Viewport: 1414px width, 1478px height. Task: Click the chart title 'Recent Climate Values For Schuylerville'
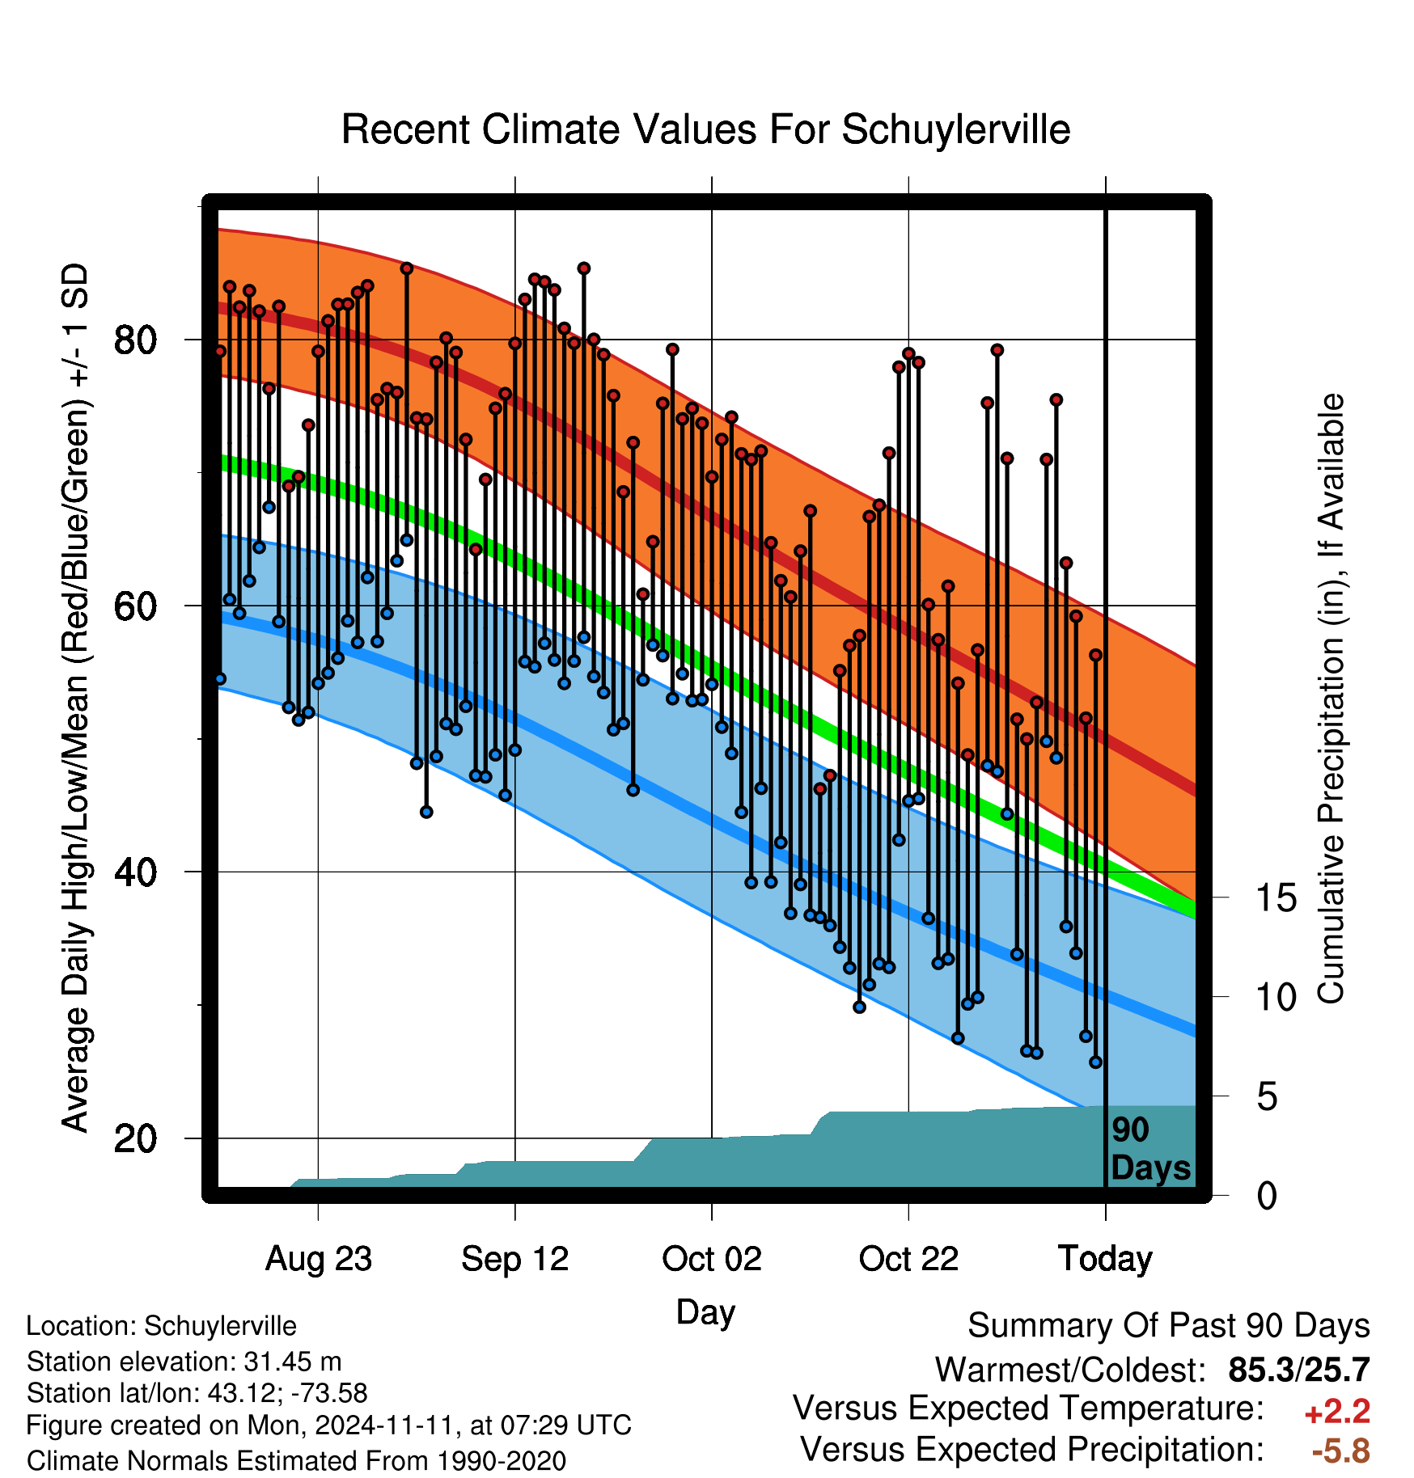click(705, 129)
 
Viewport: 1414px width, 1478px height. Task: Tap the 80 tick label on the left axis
click(135, 340)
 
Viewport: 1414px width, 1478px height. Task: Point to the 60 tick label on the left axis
click(135, 606)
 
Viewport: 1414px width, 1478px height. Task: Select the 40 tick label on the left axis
click(135, 872)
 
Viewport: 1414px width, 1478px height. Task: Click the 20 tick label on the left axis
click(135, 1138)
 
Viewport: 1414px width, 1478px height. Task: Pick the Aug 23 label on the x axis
click(319, 1259)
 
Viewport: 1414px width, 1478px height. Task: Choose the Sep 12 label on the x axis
click(515, 1259)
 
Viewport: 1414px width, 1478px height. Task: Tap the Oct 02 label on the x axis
click(712, 1259)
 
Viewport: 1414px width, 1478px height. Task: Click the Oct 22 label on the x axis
click(908, 1259)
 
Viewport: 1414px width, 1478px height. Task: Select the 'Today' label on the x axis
click(1105, 1259)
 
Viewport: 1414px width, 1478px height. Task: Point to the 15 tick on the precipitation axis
click(1276, 898)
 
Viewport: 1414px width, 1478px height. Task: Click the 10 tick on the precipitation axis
click(1276, 998)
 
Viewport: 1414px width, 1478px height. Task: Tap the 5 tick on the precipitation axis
click(1268, 1097)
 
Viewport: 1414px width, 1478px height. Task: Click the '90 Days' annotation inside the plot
click(1150, 1149)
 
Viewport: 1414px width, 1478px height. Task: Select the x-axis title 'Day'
click(705, 1312)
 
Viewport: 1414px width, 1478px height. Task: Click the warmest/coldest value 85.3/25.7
click(1299, 1370)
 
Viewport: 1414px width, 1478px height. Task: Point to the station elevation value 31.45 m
click(293, 1362)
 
